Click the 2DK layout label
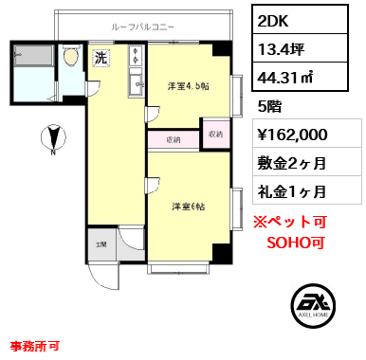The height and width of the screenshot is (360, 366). tap(273, 21)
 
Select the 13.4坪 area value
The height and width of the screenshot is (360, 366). tap(281, 49)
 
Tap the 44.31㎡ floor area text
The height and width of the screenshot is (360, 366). tap(285, 77)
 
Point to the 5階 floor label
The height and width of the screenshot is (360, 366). tap(269, 107)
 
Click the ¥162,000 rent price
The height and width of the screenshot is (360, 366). tap(293, 135)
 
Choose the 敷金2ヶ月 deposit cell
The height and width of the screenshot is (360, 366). tap(292, 164)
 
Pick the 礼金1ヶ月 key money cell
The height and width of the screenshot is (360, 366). tap(292, 191)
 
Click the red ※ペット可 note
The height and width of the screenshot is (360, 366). tap(290, 222)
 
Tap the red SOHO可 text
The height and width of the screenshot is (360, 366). tap(296, 243)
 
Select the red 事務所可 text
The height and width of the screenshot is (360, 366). tap(35, 346)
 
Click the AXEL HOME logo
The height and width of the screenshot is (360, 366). tap(313, 306)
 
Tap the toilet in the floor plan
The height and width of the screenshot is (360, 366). tap(71, 56)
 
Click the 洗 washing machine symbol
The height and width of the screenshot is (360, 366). tap(101, 59)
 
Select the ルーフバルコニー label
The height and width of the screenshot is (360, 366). tap(142, 27)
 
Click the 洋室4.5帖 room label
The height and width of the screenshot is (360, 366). tap(189, 86)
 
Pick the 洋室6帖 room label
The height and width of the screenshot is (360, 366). tap(189, 207)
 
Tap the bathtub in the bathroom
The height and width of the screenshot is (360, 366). tap(33, 56)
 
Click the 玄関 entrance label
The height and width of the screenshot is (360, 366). tap(101, 244)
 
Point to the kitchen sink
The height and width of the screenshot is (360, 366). tap(137, 84)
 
